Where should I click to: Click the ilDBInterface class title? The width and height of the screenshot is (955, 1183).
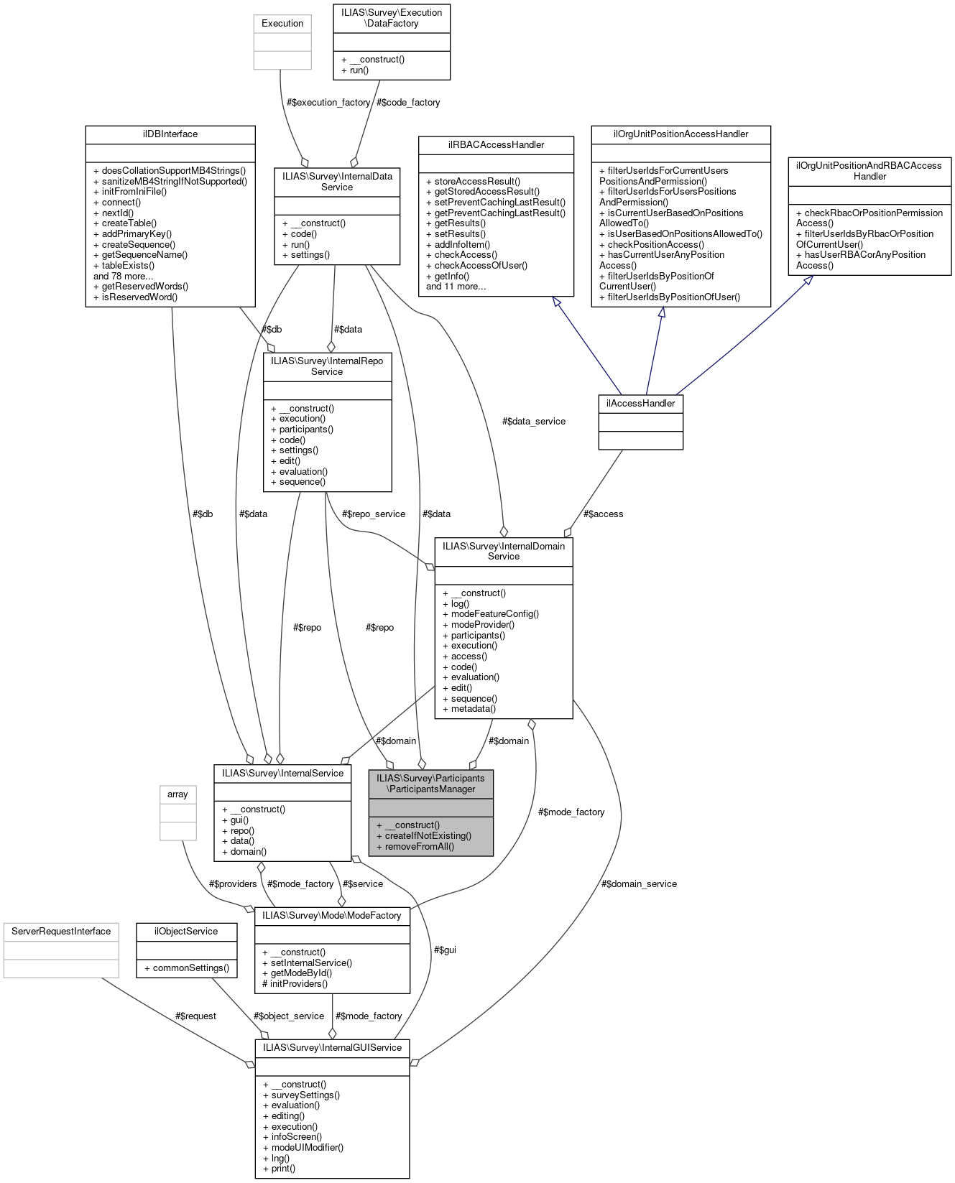(170, 134)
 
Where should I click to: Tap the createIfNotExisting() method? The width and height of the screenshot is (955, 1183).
(424, 835)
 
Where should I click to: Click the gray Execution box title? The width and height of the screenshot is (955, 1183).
(282, 24)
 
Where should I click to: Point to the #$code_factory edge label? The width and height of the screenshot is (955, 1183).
(408, 103)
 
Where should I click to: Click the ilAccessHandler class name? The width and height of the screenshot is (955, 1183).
(640, 404)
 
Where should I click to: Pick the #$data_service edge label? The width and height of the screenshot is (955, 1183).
(533, 422)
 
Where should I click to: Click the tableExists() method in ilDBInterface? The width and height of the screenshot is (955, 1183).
(124, 265)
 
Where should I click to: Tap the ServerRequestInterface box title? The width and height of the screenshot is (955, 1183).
(61, 932)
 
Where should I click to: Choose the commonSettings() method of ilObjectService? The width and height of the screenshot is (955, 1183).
(186, 968)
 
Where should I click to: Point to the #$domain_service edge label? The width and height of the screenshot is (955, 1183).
(639, 884)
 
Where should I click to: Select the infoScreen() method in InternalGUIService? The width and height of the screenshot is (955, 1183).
(292, 1137)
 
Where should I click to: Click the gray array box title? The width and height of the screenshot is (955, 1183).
(177, 794)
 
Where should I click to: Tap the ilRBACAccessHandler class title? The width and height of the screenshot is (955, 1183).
(496, 145)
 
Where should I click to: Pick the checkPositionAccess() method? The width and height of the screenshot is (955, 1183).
(651, 244)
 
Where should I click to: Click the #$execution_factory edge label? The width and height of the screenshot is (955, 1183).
(328, 103)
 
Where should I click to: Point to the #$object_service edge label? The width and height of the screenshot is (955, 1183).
(288, 1016)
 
